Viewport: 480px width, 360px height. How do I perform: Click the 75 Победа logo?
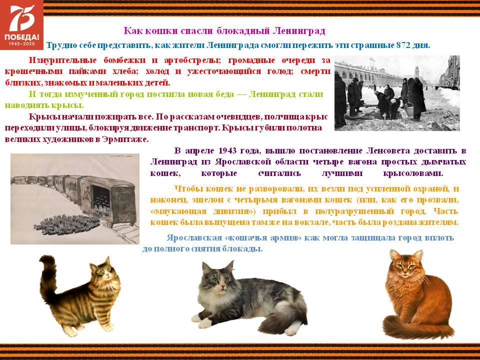[x=21, y=24]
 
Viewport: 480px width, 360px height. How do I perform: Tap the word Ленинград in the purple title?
[x=299, y=31]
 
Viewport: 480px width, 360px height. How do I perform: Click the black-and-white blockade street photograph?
[x=397, y=93]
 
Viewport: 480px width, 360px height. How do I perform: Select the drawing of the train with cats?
[x=75, y=199]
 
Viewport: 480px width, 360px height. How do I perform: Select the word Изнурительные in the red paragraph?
[x=63, y=60]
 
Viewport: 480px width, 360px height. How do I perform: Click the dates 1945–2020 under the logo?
[x=21, y=44]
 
